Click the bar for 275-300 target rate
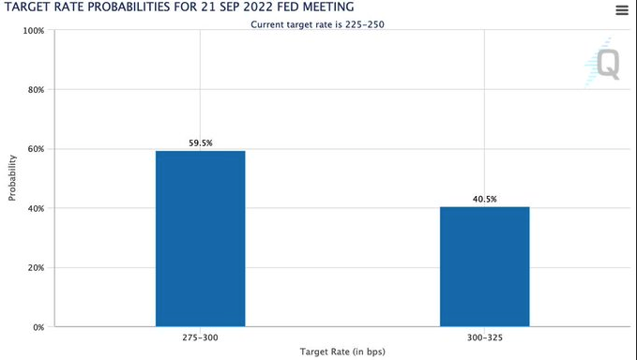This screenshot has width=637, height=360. (200, 238)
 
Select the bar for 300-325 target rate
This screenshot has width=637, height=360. (484, 266)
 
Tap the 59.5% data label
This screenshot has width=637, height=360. (200, 142)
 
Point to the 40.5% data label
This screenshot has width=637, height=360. (484, 199)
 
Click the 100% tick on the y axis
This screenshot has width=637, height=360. (33, 31)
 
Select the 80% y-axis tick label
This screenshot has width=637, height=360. (35, 90)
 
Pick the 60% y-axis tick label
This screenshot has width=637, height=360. (35, 149)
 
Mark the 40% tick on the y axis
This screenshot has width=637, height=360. (35, 208)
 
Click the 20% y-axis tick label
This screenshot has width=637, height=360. (35, 268)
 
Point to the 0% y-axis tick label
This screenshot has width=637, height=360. (38, 327)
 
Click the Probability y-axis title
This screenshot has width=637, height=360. (12, 178)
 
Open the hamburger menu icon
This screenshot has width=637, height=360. (621, 10)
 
